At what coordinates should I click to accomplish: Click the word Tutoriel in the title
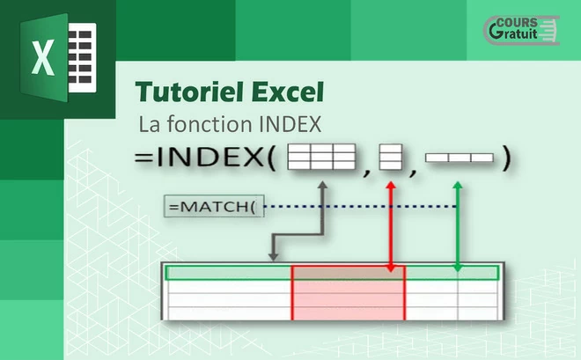(x=190, y=92)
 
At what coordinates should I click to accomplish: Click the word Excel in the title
(x=288, y=92)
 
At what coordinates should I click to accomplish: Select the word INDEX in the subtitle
(x=290, y=124)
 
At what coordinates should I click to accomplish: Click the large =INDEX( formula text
(x=205, y=157)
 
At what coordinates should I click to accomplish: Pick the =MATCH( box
(x=214, y=206)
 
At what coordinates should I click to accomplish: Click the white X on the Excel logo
(x=43, y=58)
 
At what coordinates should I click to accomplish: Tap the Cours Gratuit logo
(x=522, y=30)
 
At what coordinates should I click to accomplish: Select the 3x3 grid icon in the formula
(x=321, y=157)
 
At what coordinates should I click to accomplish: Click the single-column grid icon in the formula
(x=391, y=157)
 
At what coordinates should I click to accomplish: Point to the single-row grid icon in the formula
(x=460, y=158)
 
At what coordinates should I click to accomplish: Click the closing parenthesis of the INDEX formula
(x=506, y=158)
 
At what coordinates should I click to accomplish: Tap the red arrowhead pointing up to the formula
(x=391, y=185)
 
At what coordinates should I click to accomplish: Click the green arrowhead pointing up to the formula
(x=458, y=185)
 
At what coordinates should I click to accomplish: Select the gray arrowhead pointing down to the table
(x=273, y=256)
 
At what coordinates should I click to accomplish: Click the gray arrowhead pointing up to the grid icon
(x=323, y=185)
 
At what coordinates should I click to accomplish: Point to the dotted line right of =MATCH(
(x=360, y=206)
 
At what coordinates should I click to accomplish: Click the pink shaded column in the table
(x=349, y=292)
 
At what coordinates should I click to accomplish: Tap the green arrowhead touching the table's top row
(x=458, y=268)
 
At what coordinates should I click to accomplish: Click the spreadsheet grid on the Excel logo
(x=82, y=57)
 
